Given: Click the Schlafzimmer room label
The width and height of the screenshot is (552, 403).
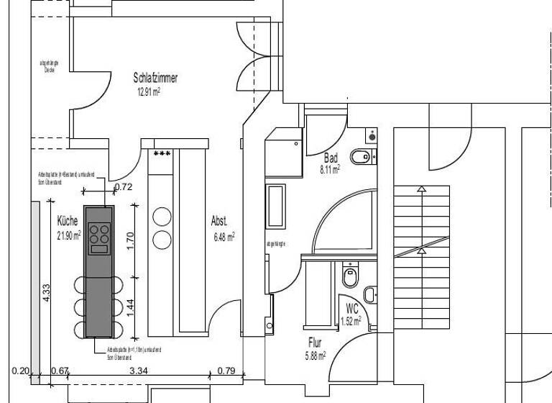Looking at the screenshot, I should [155, 78].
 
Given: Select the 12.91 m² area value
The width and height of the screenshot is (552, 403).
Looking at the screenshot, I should [148, 92].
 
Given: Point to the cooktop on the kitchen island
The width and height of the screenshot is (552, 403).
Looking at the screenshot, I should [100, 237].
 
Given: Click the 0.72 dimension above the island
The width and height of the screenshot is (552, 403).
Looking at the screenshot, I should [124, 188].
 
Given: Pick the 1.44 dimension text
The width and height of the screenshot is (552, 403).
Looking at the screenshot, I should [130, 307].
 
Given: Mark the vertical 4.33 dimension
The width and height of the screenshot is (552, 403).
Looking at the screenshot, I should [45, 293].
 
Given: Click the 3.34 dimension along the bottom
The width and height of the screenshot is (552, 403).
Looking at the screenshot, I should [137, 371].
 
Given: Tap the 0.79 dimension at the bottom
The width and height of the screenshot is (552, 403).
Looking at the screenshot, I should [226, 371].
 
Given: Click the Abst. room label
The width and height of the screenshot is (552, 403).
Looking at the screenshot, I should [219, 221].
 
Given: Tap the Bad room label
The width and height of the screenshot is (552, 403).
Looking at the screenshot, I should [331, 158].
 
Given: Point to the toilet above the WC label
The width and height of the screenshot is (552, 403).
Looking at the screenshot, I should [351, 275].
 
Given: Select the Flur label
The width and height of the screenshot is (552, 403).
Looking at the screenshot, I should [316, 343].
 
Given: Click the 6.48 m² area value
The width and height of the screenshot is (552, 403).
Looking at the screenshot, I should [222, 236].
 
